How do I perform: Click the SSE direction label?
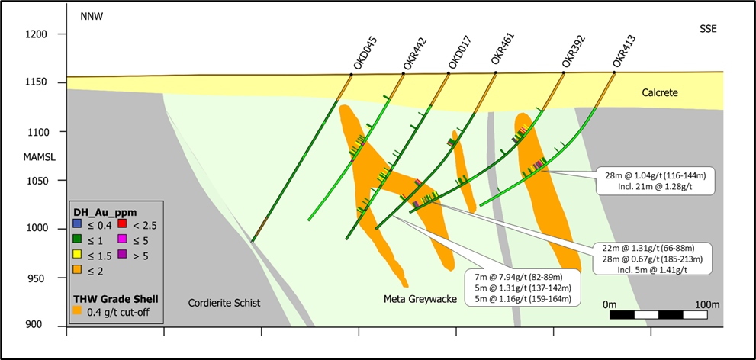[x=709, y=29]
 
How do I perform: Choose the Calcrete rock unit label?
[x=659, y=92]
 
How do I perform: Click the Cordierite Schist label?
[x=224, y=303]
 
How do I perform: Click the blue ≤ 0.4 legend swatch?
[x=76, y=223]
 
